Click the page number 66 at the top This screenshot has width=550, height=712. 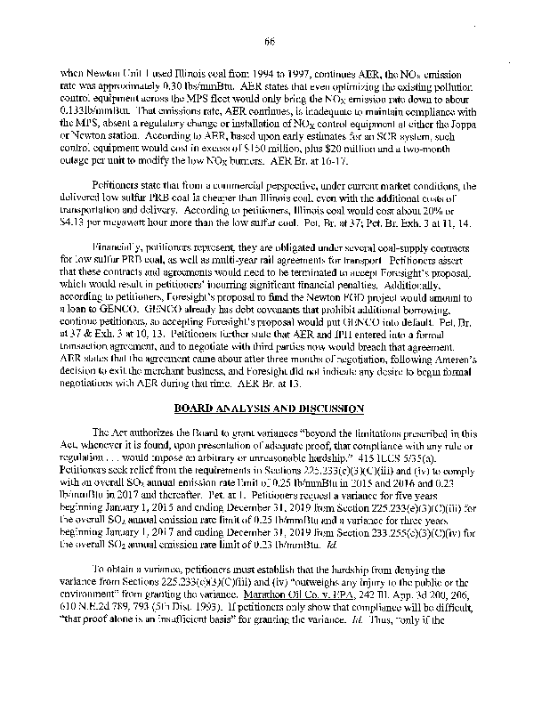point(275,41)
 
